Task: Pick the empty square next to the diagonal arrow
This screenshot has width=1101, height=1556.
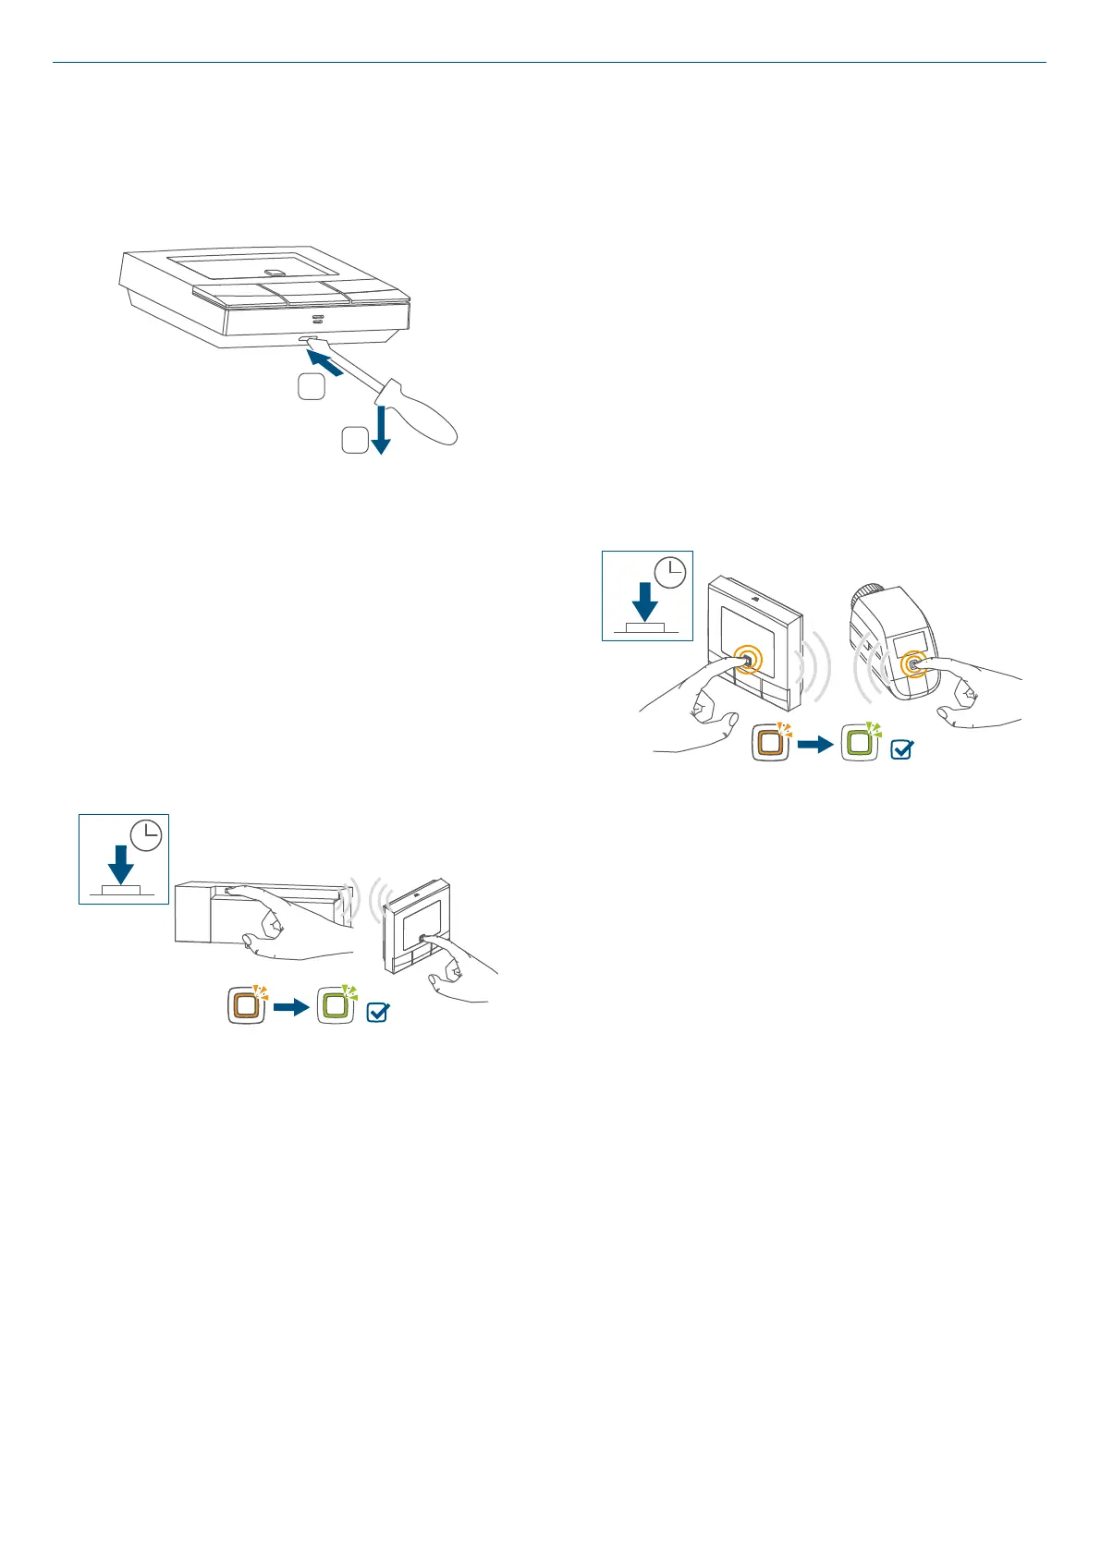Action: point(312,387)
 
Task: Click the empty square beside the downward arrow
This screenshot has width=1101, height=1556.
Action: point(354,441)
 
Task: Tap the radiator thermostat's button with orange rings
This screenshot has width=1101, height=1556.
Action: point(913,663)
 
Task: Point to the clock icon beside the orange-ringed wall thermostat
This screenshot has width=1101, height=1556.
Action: point(670,573)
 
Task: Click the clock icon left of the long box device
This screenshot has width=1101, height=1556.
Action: point(146,835)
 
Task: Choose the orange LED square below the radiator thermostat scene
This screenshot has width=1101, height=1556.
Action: point(770,743)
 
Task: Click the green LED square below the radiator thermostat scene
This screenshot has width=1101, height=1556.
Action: point(860,743)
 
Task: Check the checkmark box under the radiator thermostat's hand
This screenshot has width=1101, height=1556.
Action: point(900,749)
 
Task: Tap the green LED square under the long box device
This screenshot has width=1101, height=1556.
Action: point(336,1005)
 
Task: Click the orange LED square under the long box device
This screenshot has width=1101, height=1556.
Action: point(247,1005)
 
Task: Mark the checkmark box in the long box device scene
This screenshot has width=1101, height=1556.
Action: point(377,1012)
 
